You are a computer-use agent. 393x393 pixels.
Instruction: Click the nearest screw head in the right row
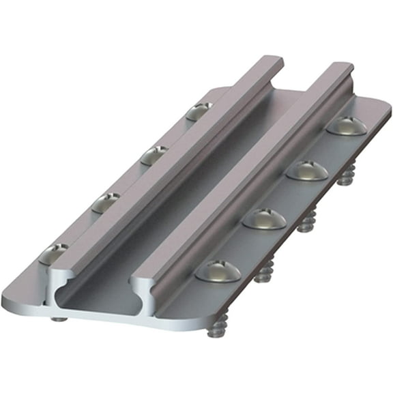218,270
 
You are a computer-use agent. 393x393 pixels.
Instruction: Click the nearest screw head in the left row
53,254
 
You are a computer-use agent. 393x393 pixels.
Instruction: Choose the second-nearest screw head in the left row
106,202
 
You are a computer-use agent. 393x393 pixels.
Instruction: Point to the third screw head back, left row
155,155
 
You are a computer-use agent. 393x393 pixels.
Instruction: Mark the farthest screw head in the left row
199,111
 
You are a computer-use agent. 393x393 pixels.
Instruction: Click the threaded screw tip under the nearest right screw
217,330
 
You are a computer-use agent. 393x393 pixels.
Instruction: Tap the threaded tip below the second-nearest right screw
263,274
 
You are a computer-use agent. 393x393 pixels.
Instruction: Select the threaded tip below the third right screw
306,222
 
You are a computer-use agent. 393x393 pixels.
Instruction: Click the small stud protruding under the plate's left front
59,318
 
